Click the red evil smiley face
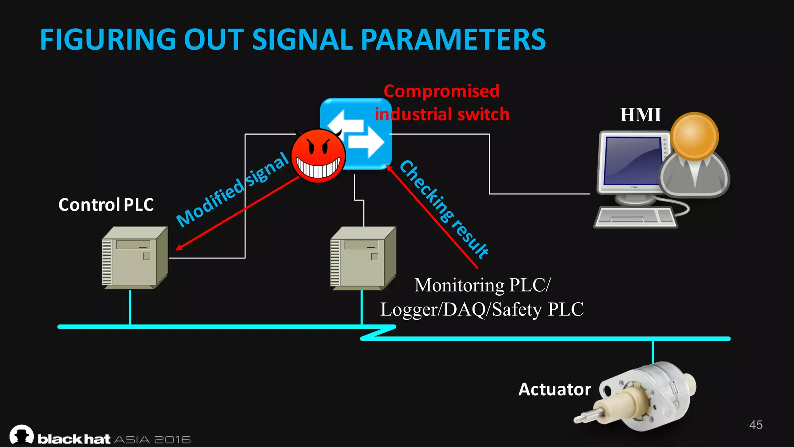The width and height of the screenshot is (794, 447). (318, 156)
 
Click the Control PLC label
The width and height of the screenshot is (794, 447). (106, 204)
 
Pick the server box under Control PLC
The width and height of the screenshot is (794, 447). (135, 258)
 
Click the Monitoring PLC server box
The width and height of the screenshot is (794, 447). (363, 258)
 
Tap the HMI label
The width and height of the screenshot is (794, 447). (640, 115)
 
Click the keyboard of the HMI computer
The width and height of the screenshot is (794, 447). (635, 217)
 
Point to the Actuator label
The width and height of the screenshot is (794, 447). (554, 389)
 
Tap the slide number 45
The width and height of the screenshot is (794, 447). (756, 425)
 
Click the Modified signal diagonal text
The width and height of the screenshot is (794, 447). (233, 189)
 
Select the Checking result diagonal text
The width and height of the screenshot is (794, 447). (444, 210)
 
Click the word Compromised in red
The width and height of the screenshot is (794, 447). (441, 91)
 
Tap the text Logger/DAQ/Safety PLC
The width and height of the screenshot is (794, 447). (482, 310)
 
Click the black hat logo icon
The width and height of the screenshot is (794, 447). (22, 435)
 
